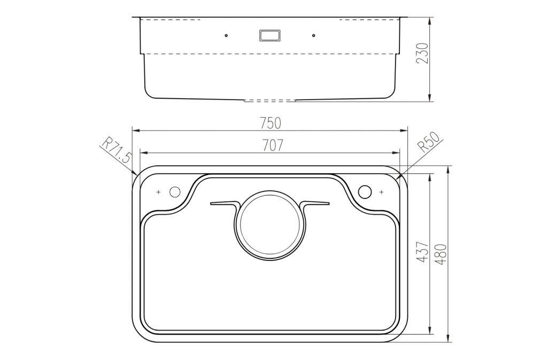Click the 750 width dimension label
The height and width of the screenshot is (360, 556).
click(x=270, y=123)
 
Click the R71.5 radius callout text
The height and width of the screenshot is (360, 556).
click(x=117, y=150)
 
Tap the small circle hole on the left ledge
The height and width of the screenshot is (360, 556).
click(x=175, y=192)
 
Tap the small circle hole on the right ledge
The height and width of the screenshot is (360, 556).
click(x=365, y=192)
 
